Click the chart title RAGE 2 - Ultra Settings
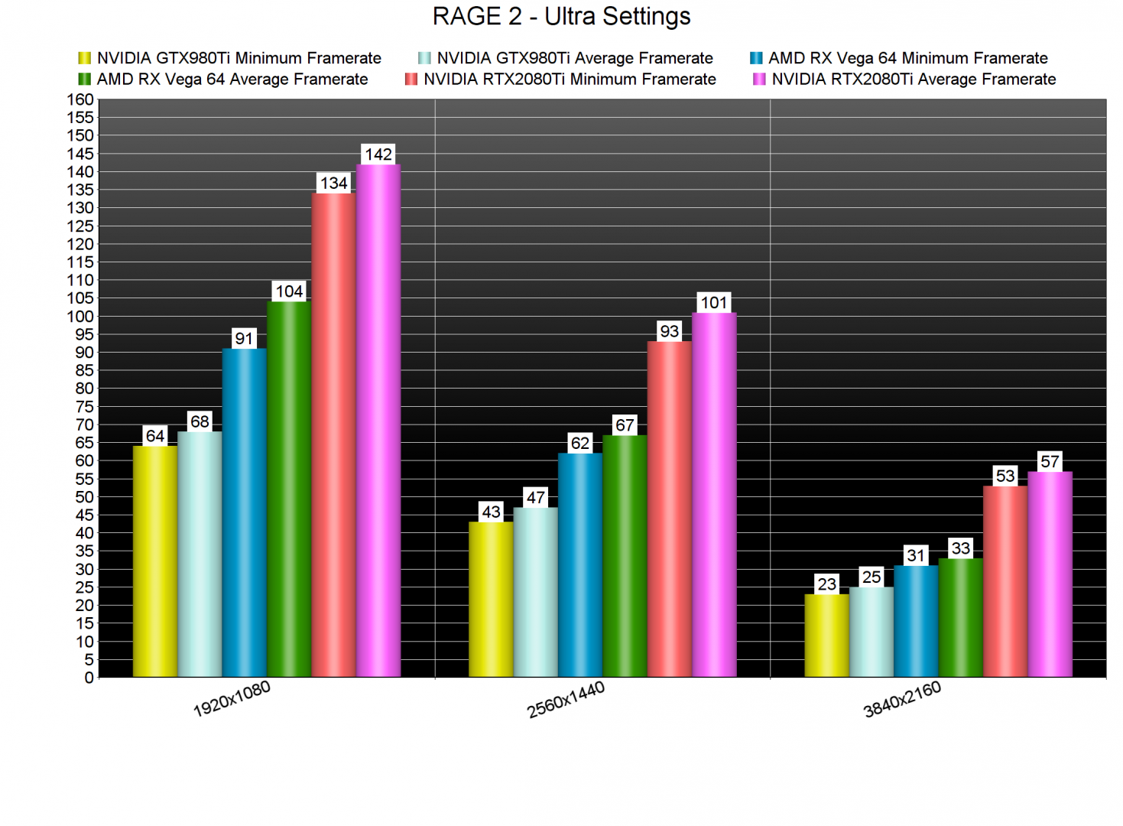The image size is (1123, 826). click(x=561, y=16)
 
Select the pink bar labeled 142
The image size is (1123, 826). click(x=378, y=421)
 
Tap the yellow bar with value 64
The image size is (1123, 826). click(x=155, y=561)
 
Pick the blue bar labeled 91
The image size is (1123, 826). click(x=245, y=512)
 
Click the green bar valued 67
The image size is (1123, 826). click(x=625, y=556)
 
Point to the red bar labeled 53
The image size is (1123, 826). click(x=1005, y=581)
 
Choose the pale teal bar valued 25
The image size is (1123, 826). click(x=871, y=632)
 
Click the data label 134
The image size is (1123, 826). click(x=334, y=184)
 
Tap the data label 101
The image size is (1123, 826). click(x=714, y=303)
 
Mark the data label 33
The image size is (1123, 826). click(x=961, y=548)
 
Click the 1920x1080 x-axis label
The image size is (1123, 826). click(x=232, y=699)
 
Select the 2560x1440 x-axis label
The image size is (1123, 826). click(x=566, y=699)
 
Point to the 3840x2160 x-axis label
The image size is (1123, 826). click(x=902, y=699)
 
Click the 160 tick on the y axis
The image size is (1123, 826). click(x=80, y=99)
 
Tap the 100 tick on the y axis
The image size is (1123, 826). click(x=80, y=317)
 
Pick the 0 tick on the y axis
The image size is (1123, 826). click(x=89, y=678)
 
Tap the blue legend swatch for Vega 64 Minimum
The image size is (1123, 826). click(x=756, y=58)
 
